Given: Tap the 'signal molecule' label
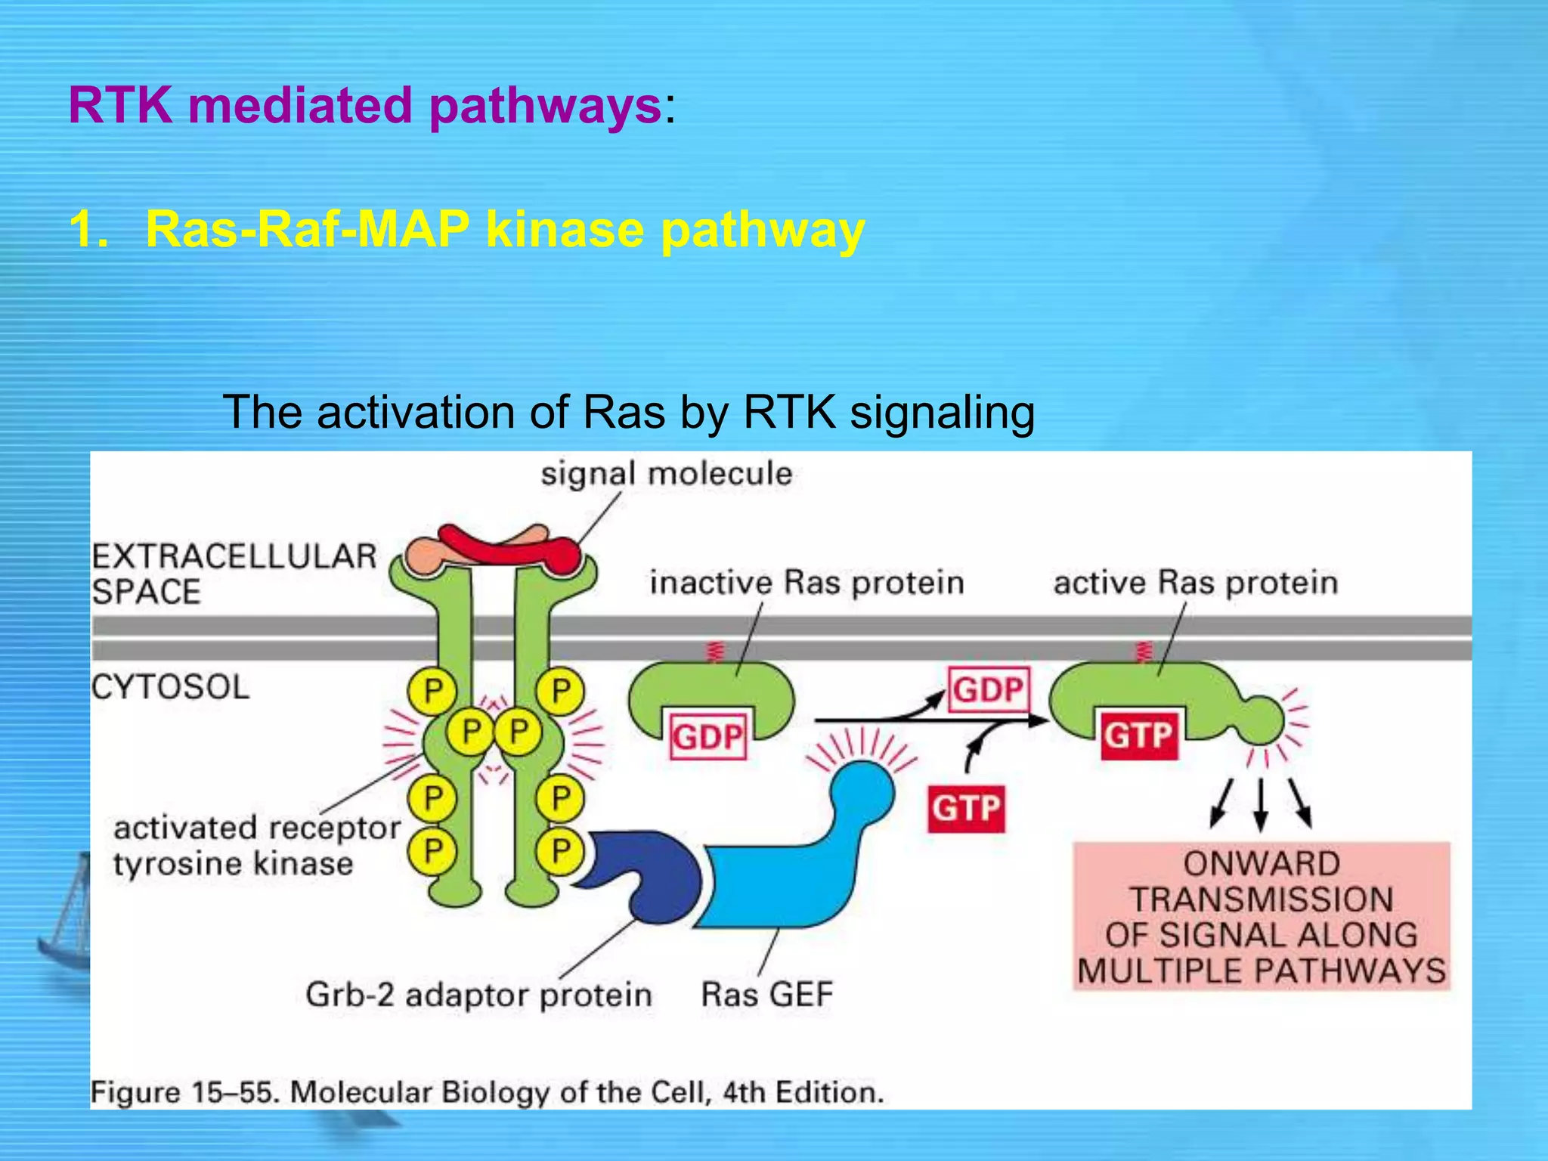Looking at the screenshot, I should (666, 474).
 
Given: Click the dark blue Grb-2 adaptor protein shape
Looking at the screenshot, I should (642, 869).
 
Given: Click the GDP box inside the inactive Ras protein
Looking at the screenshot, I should (707, 735).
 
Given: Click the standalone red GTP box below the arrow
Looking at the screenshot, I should (966, 809).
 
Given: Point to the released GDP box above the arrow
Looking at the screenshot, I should (988, 689).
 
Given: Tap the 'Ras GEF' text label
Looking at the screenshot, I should (766, 994).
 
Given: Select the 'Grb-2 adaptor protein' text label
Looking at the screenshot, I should (478, 995).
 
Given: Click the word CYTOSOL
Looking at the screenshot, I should (170, 688).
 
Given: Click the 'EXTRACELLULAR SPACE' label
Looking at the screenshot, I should (234, 574).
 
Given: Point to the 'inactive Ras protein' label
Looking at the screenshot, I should (807, 583).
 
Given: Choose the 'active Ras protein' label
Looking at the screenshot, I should (1195, 583).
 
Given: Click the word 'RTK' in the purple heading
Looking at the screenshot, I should (121, 105).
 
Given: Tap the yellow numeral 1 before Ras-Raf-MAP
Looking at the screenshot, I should (87, 229).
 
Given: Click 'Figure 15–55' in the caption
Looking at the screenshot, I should (185, 1093).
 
